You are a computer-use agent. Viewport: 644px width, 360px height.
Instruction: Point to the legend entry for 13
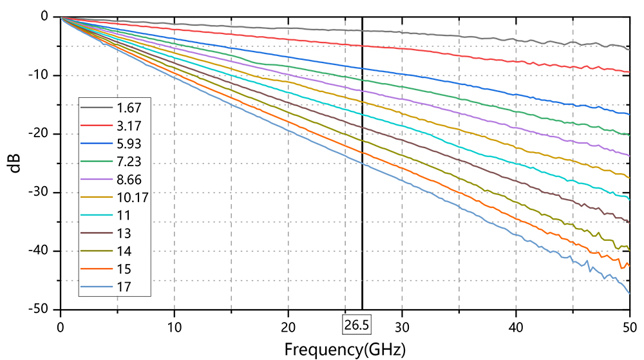click(x=115, y=233)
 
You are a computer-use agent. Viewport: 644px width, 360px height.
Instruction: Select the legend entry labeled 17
click(x=115, y=287)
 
